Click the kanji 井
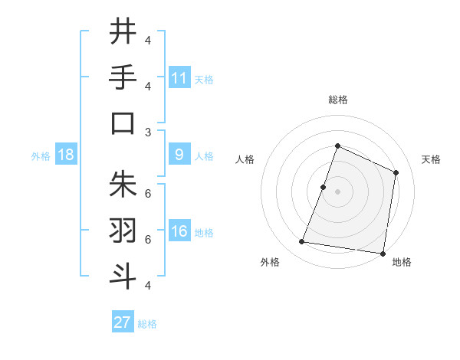point(123,31)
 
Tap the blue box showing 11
point(179,77)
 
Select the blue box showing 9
point(179,155)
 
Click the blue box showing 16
point(179,231)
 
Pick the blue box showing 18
point(66,155)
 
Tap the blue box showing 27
point(123,322)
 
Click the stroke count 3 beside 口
point(148,132)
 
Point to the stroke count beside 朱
point(148,193)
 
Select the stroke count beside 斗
point(148,285)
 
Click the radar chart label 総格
point(337,100)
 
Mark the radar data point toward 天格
point(396,172)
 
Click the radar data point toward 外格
point(302,242)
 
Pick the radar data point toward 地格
point(383,254)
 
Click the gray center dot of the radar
point(337,191)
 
